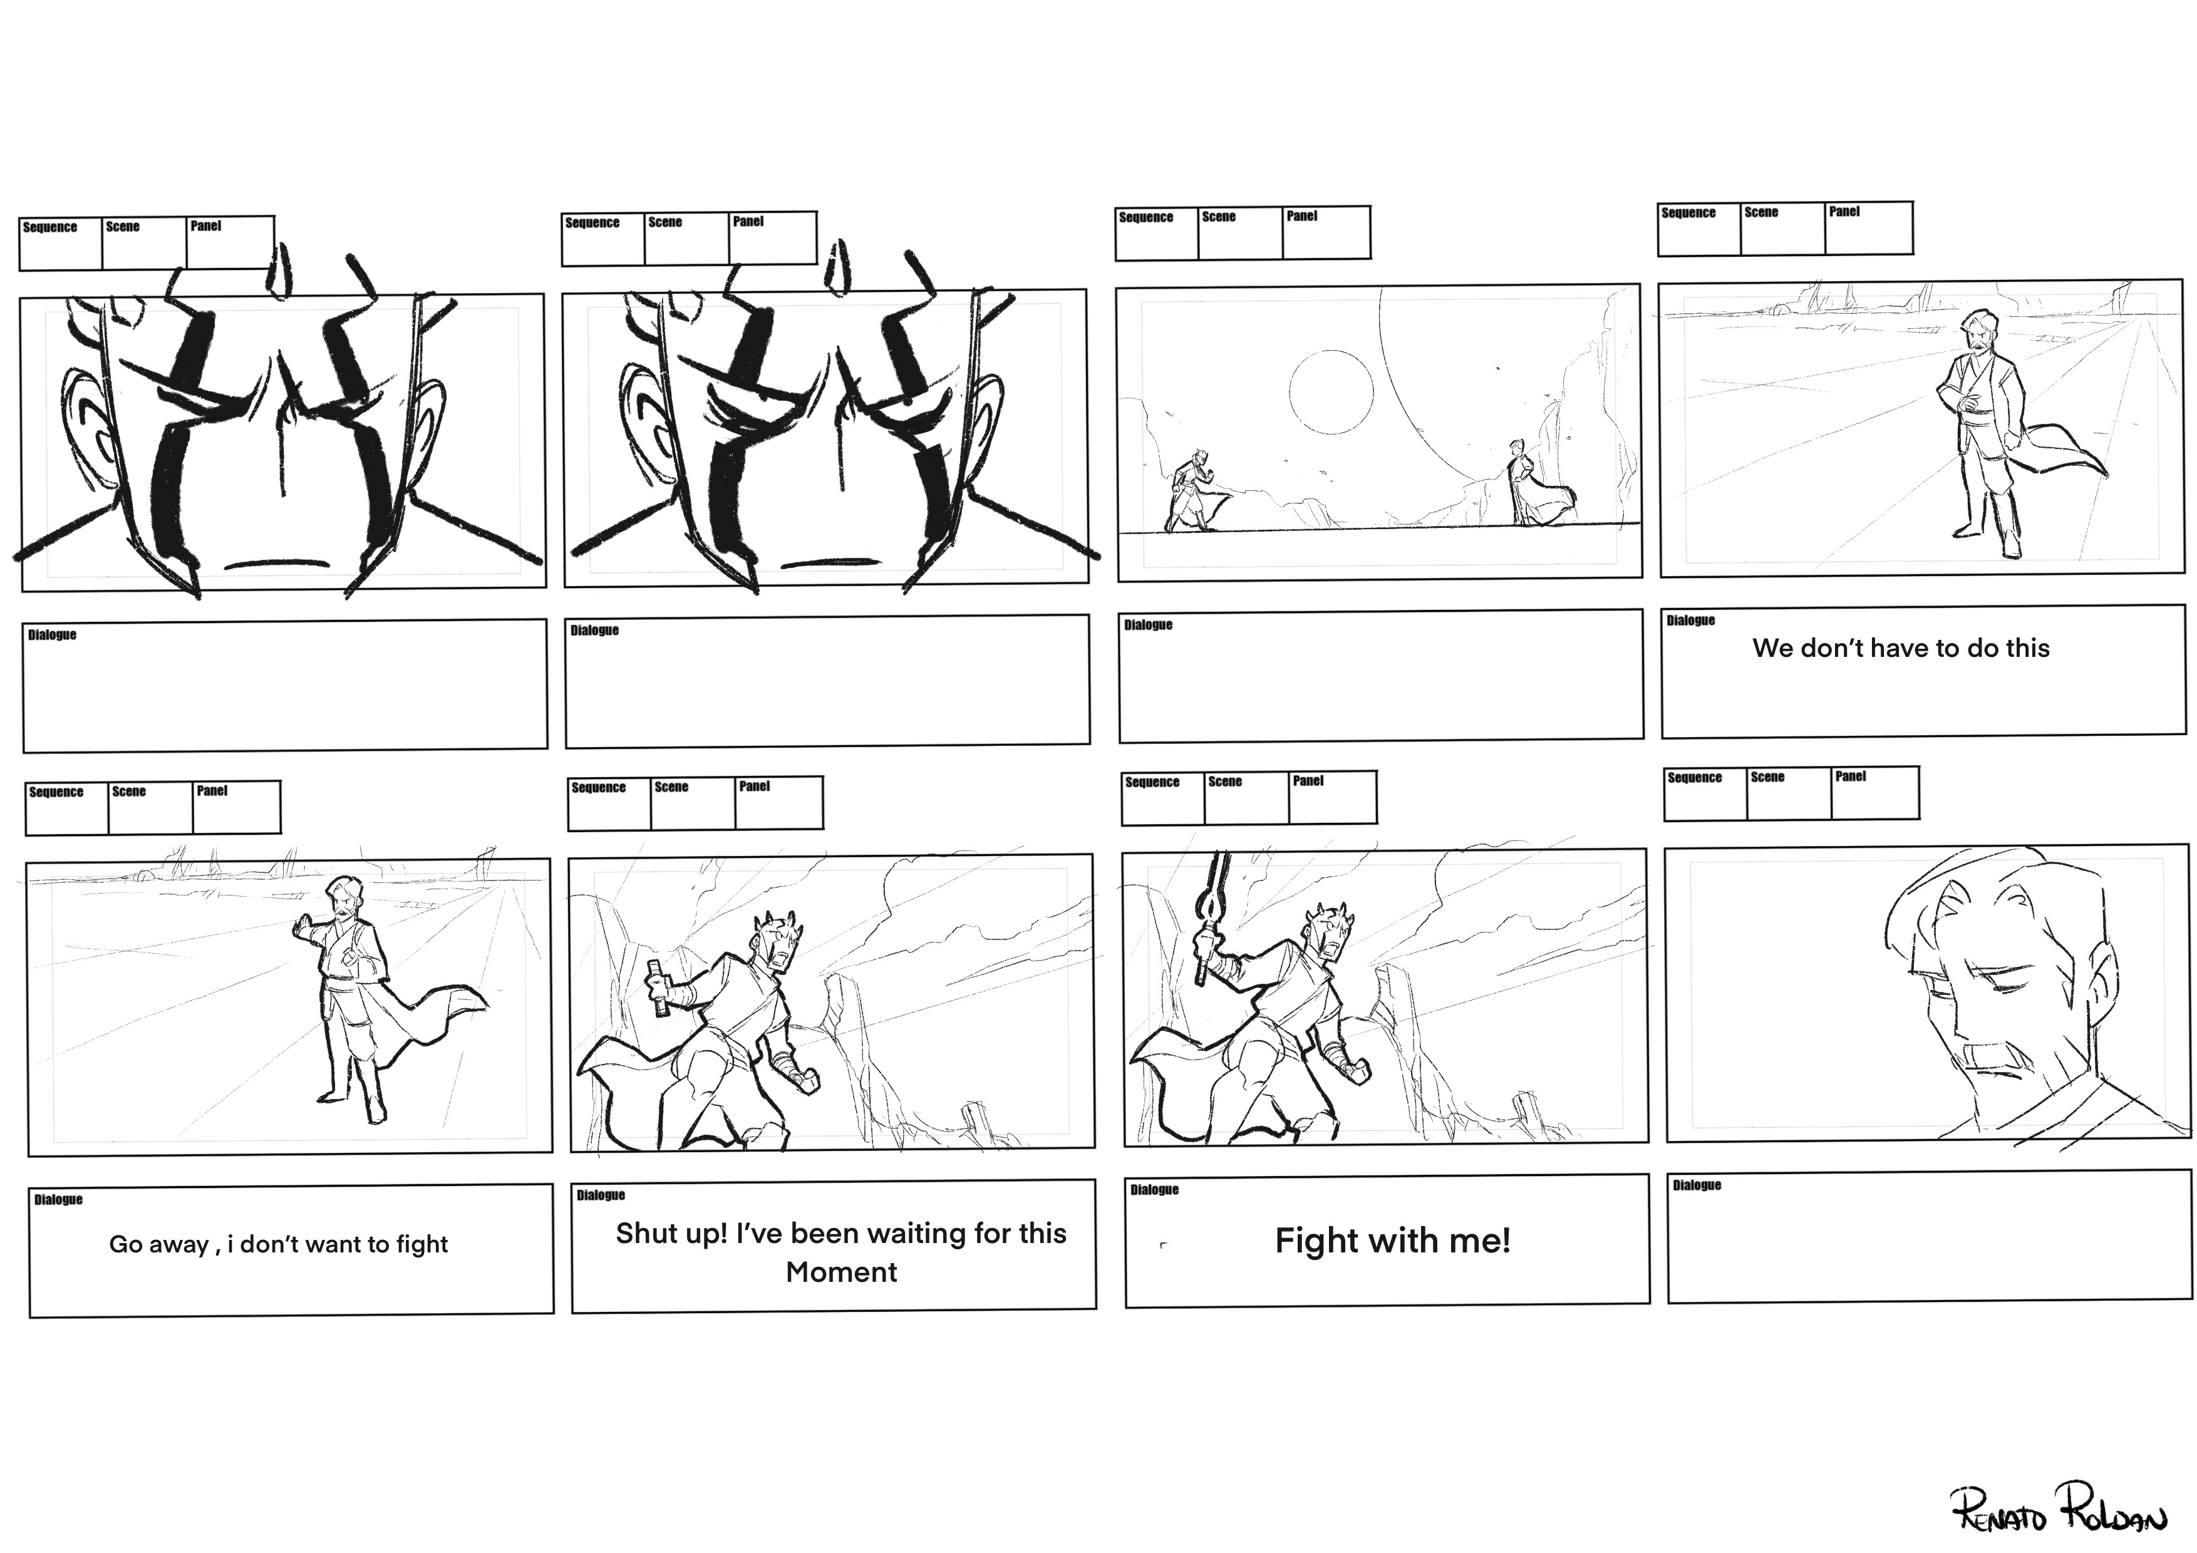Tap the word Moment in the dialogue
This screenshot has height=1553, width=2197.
click(841, 1272)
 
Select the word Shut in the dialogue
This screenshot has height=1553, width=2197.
click(647, 1234)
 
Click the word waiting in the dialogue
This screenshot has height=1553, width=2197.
click(907, 1234)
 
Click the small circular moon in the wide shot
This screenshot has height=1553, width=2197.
click(1330, 392)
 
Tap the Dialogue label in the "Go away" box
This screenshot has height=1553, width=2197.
click(58, 1200)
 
